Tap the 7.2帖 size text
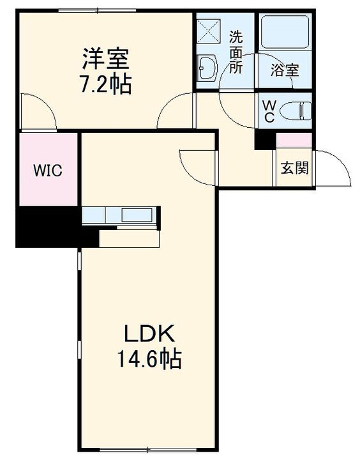tap(106, 84)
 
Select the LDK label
tap(149, 334)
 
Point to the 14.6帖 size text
tap(149, 359)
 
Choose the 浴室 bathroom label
tap(285, 70)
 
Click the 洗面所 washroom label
tap(236, 52)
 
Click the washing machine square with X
tap(209, 29)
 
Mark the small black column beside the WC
tap(263, 140)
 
